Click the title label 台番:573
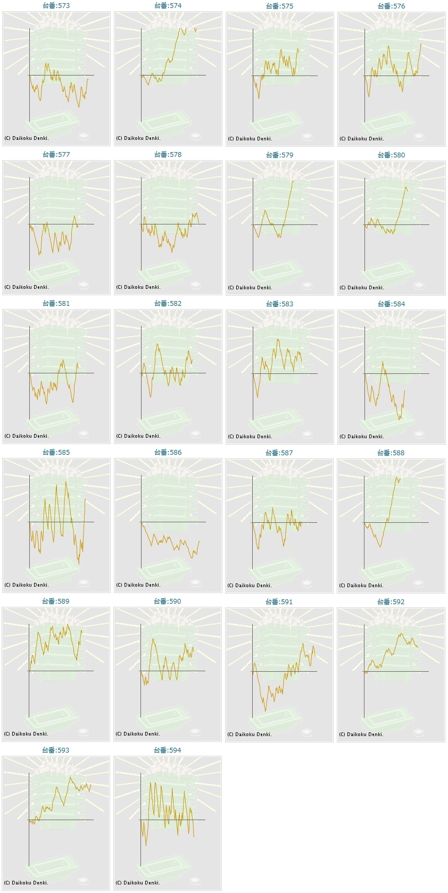point(56,6)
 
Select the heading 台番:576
point(391,6)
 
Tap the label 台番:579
point(279,155)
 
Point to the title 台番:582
point(168,304)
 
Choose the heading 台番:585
point(56,453)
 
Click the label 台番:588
point(391,453)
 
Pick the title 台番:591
point(279,602)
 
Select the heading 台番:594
point(168,750)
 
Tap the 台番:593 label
point(56,750)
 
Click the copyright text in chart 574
point(138,138)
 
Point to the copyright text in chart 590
point(138,734)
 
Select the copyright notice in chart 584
point(362,436)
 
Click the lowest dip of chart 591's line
point(266,711)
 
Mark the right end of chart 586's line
point(199,541)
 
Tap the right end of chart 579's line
point(293,181)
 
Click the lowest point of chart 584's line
point(399,420)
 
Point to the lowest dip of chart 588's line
point(380,547)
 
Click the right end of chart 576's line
point(421,44)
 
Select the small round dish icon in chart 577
point(84,285)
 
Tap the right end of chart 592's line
point(418,647)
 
